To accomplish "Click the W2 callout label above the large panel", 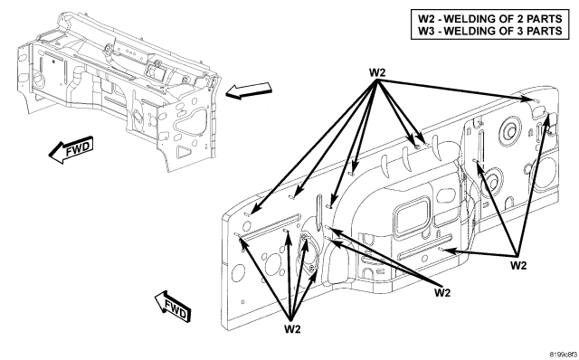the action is (377, 72).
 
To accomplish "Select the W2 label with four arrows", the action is (292, 329).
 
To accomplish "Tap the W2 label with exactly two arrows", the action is (442, 293).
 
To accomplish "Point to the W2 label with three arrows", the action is (518, 265).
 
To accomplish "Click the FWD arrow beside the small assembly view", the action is (71, 150).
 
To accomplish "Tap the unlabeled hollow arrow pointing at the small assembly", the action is (249, 90).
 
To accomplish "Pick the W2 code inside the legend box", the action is (426, 18).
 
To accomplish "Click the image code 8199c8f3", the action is (562, 355).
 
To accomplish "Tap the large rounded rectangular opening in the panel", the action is (412, 217).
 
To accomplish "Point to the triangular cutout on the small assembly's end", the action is (184, 152).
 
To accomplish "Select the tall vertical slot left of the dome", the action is (318, 213).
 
